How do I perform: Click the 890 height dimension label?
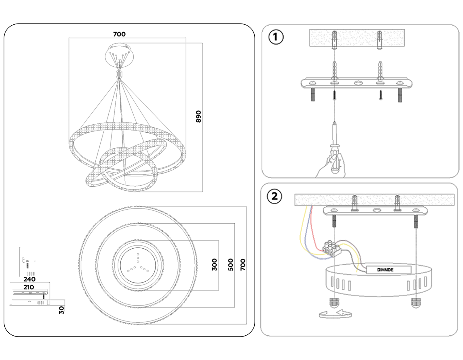pos(198,117)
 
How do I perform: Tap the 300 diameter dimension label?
pos(215,265)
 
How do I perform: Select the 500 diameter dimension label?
pos(231,265)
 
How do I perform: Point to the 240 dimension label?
pos(29,279)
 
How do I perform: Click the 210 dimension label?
pos(29,287)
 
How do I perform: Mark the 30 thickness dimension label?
pos(61,310)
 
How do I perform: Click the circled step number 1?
pos(276,37)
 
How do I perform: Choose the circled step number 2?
pos(274,197)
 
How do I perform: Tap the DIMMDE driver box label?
pos(385,270)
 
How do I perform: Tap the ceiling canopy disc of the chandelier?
pos(119,56)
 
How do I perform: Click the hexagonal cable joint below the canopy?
pos(119,74)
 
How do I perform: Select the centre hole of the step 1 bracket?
pos(358,83)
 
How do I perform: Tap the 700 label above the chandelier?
pos(119,34)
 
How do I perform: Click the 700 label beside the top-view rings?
pos(243,265)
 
